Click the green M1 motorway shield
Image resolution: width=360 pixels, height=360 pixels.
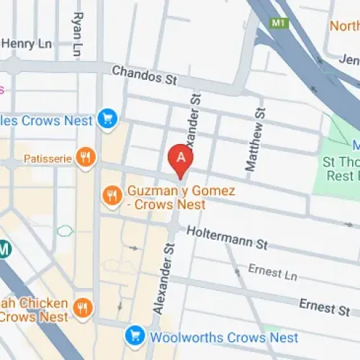tap(279, 23)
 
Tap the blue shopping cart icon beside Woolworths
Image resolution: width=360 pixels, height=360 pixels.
tap(132, 336)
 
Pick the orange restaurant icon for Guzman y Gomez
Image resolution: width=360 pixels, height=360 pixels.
tap(112, 194)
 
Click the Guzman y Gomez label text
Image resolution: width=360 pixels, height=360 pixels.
tap(166, 199)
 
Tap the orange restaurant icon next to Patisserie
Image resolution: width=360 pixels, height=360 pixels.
tap(86, 158)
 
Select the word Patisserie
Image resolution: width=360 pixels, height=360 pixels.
tap(48, 158)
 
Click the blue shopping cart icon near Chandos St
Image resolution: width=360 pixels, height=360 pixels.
tap(108, 117)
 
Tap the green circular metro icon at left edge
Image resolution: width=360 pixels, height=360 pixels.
tap(4, 250)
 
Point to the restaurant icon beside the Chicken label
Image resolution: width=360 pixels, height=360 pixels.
tap(83, 309)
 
